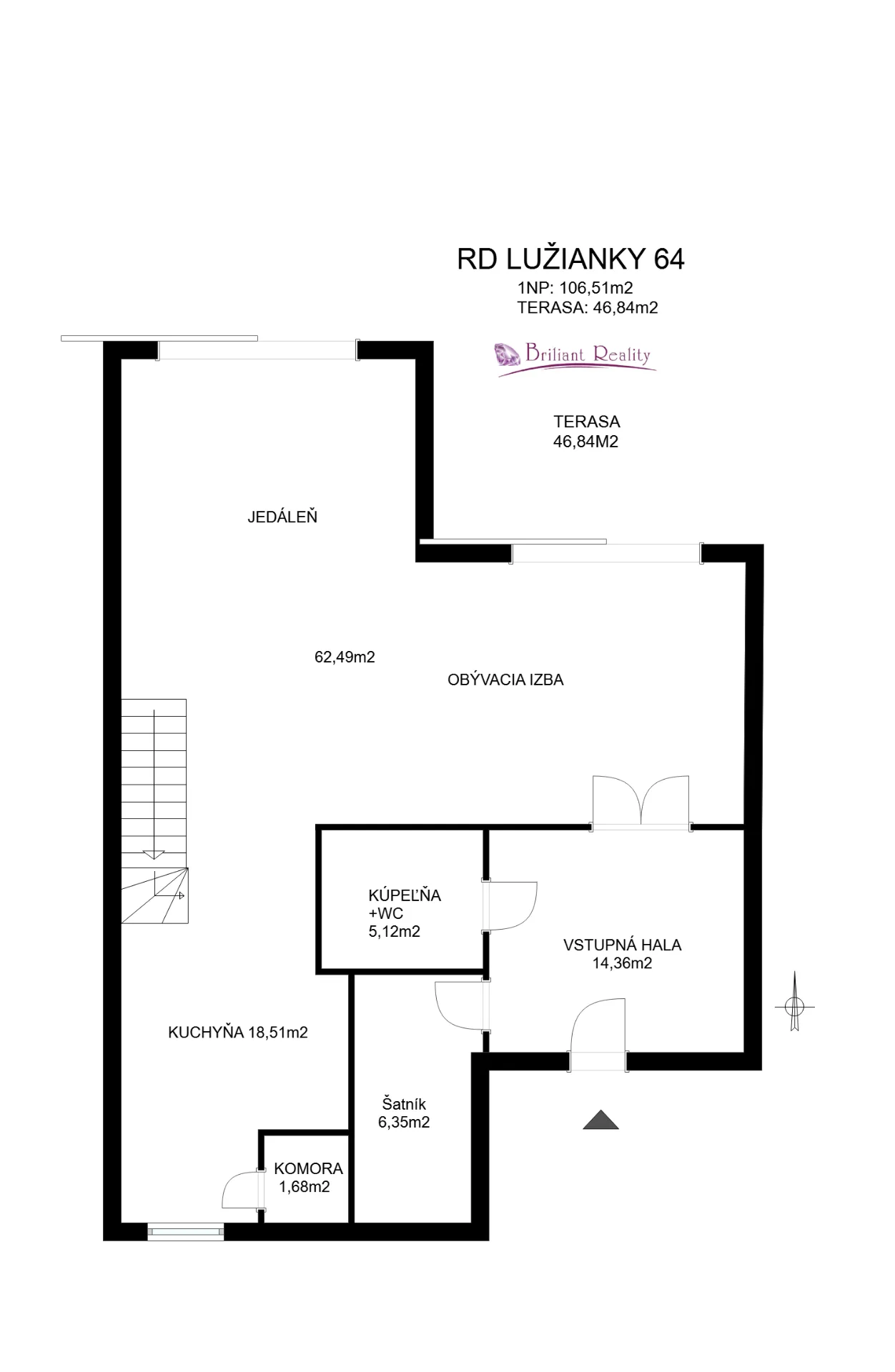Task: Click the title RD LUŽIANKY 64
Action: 570,258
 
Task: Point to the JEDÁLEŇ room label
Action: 282,517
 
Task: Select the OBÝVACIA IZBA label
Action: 505,680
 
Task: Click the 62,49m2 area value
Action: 345,657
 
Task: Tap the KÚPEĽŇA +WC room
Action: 404,913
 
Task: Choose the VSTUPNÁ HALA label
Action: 622,945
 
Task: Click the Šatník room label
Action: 404,1104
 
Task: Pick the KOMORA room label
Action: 308,1168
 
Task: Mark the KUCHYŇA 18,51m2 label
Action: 237,1032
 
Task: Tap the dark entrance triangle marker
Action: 600,1119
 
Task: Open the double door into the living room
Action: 641,802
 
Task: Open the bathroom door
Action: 510,905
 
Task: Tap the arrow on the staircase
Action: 154,854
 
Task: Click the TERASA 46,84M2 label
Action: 586,432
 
